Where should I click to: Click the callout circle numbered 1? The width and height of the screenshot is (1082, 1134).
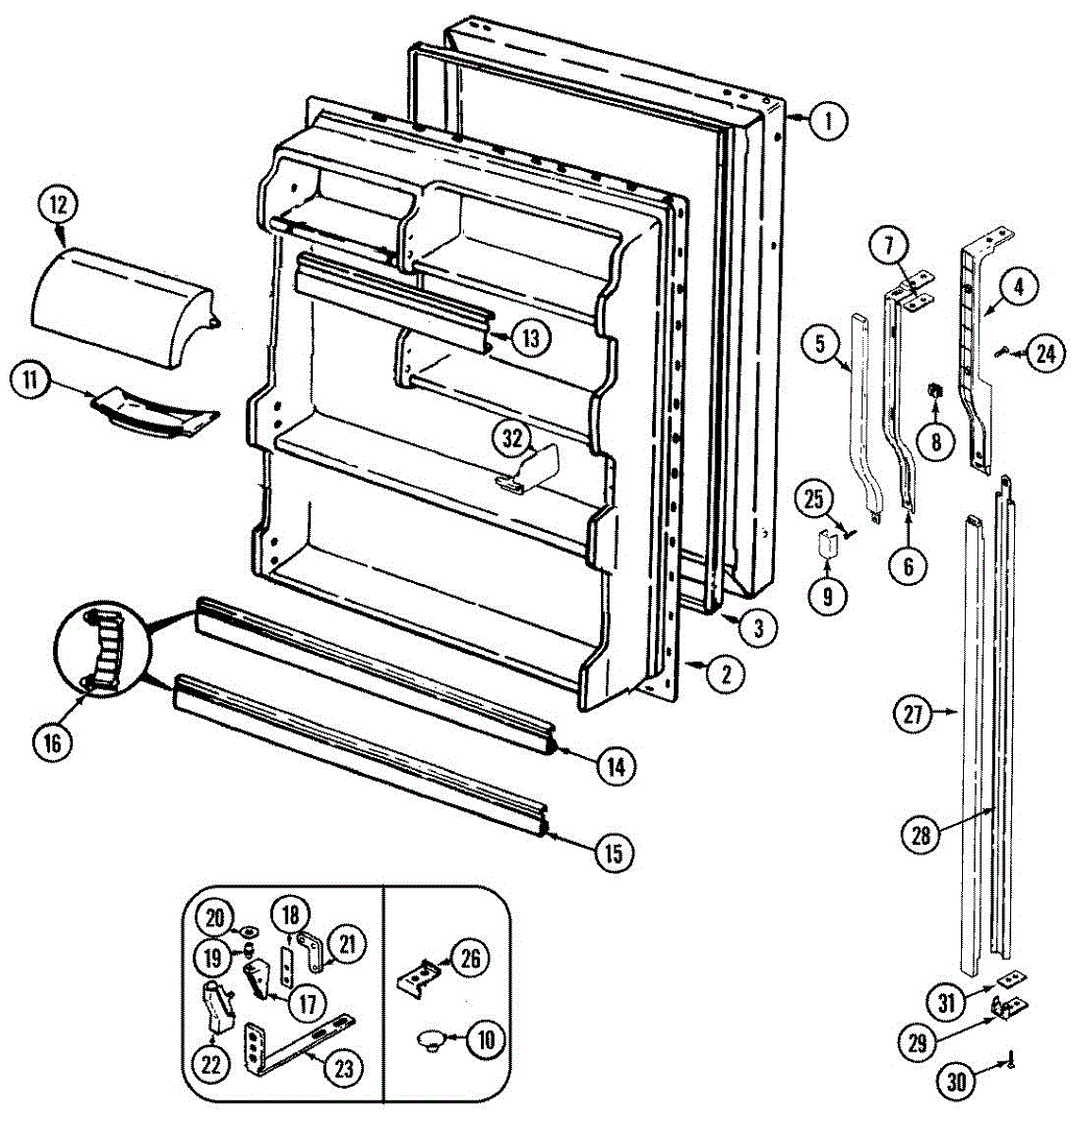pyautogui.click(x=828, y=120)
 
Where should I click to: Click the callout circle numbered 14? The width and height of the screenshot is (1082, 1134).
pyautogui.click(x=615, y=766)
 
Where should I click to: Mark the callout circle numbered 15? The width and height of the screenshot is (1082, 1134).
pyautogui.click(x=613, y=853)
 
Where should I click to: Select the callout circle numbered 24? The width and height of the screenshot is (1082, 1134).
pyautogui.click(x=1043, y=355)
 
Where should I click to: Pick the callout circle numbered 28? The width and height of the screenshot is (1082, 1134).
pyautogui.click(x=922, y=834)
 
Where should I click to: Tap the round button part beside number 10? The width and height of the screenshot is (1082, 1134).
pyautogui.click(x=430, y=1039)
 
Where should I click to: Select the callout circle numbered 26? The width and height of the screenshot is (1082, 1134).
pyautogui.click(x=469, y=959)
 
